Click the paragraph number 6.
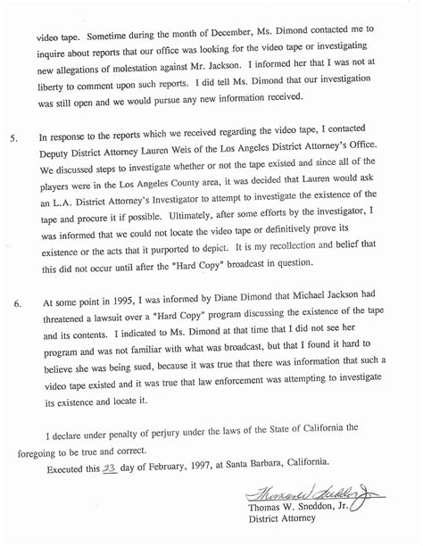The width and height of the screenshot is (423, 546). (x=11, y=306)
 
